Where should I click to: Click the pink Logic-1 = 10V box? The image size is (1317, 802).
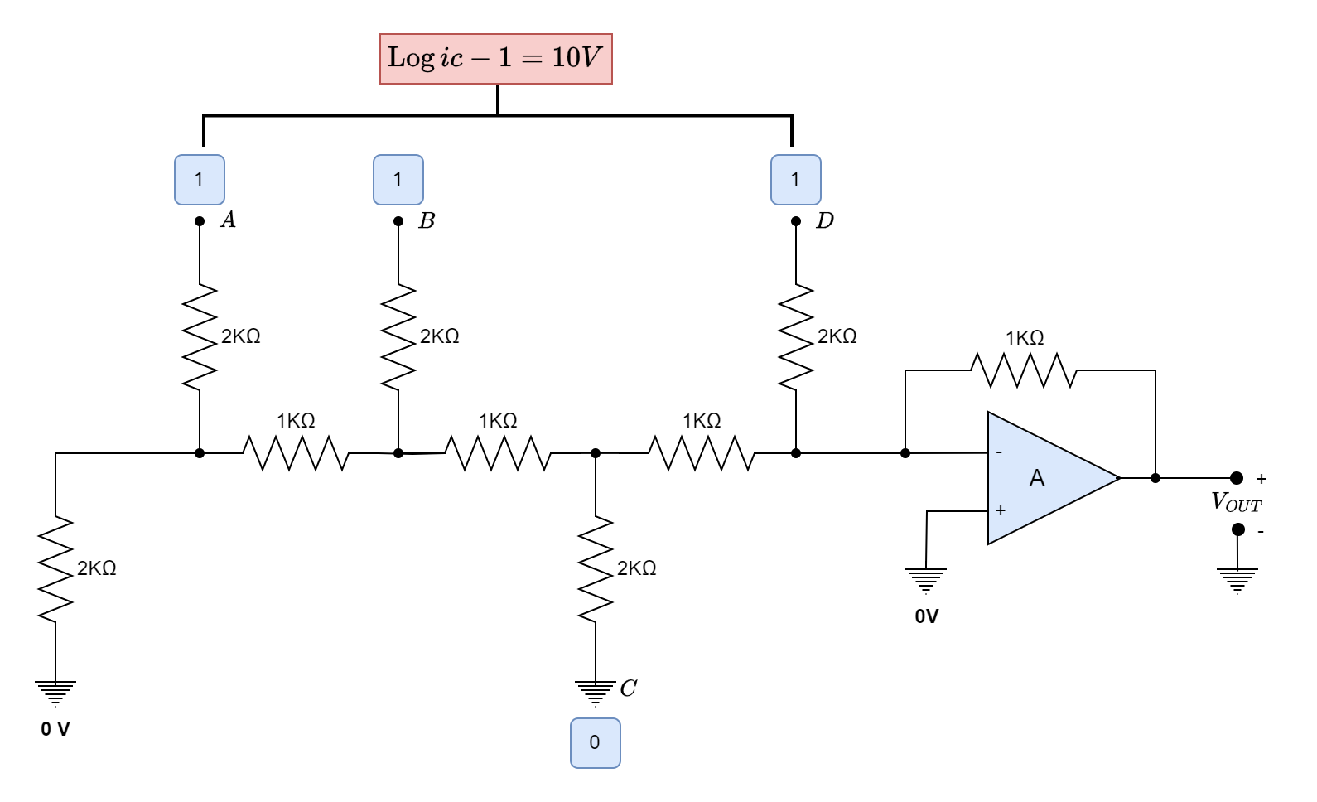(x=495, y=58)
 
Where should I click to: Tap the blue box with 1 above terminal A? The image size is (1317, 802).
(x=199, y=179)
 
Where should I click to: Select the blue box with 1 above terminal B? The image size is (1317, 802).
(x=398, y=179)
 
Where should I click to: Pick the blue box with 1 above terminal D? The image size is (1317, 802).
(x=795, y=179)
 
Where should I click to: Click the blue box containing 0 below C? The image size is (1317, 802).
(x=595, y=742)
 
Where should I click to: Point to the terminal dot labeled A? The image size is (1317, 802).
(x=199, y=221)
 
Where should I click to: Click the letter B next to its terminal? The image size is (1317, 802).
(x=427, y=221)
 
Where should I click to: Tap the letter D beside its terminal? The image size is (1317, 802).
(x=824, y=221)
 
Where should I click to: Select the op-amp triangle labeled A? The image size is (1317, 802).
(x=1044, y=478)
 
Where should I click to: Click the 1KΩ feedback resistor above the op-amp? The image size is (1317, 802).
(x=1024, y=370)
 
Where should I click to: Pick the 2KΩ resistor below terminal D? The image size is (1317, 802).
(x=795, y=336)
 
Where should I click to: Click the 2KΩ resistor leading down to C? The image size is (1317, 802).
(x=595, y=568)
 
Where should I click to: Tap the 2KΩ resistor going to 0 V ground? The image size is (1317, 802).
(x=55, y=569)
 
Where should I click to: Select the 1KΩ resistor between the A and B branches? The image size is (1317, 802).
(x=297, y=453)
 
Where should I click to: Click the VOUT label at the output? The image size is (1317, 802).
(x=1237, y=501)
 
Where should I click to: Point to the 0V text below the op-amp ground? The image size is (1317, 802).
(x=927, y=616)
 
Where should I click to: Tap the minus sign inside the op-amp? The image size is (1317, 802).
(x=999, y=452)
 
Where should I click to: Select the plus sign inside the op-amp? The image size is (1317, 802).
(x=1000, y=510)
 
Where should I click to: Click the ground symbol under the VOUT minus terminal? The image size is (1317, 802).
(x=1237, y=579)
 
